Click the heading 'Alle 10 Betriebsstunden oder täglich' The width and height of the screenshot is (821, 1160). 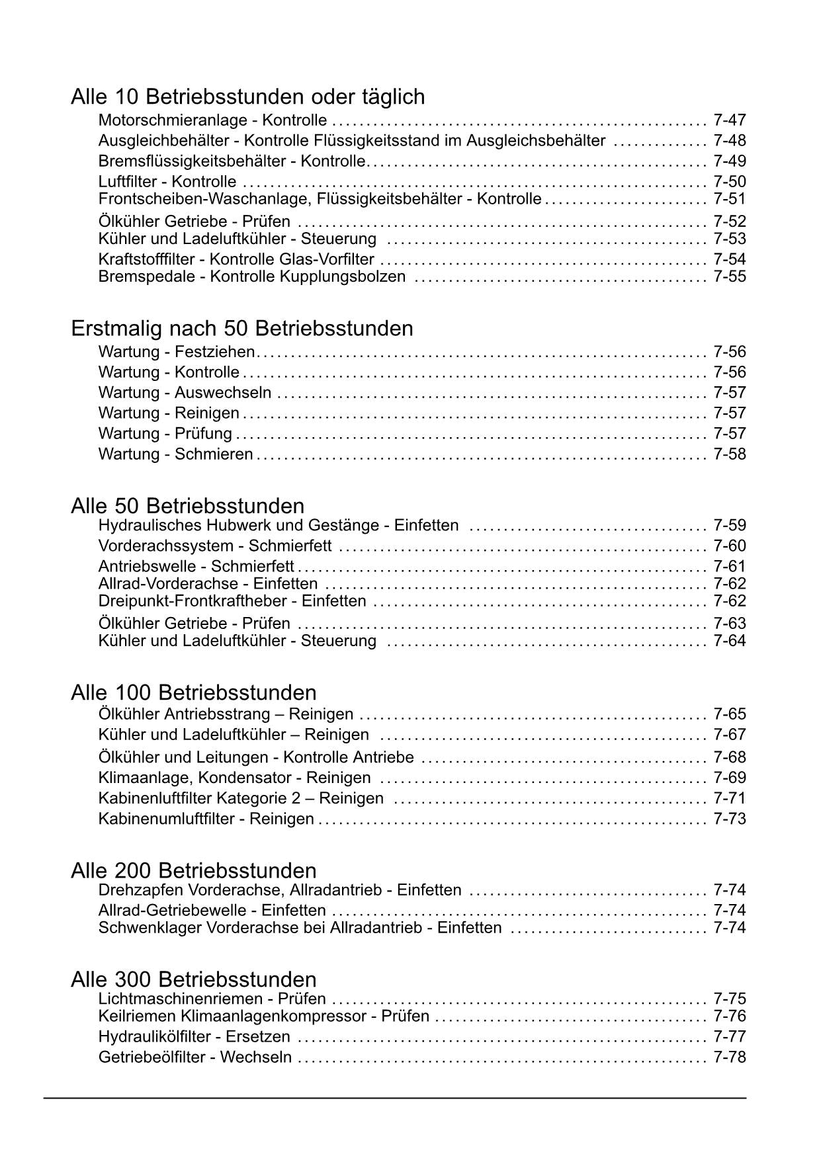tap(247, 97)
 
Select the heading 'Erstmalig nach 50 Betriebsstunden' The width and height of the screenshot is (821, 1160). tap(241, 329)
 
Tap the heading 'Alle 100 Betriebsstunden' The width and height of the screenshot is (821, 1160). tap(193, 693)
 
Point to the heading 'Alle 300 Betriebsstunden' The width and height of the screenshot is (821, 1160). tap(193, 979)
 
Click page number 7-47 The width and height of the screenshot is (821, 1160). tap(729, 120)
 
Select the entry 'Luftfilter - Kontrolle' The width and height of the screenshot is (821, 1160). tap(167, 182)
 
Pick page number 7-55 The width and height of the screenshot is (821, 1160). tap(729, 276)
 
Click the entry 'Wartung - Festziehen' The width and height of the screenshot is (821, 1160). tap(176, 352)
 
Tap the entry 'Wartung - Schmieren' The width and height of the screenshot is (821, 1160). tap(175, 454)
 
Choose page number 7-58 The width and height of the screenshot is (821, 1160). tap(729, 454)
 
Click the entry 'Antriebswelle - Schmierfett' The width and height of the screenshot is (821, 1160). tap(196, 567)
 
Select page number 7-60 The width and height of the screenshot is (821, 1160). tap(729, 546)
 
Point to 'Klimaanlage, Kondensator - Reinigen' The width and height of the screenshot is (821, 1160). tap(234, 778)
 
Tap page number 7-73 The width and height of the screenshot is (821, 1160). tap(729, 819)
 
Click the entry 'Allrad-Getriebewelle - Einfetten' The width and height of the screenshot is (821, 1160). tap(212, 911)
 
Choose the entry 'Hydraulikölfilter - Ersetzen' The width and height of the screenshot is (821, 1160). tap(194, 1037)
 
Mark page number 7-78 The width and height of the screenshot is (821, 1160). tap(729, 1057)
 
